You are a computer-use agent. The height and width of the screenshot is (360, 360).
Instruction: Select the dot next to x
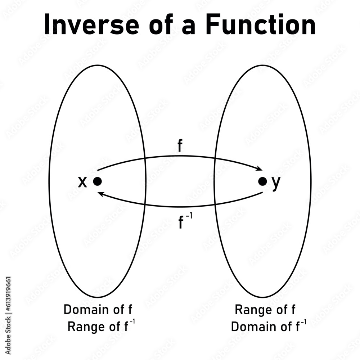(x=97, y=182)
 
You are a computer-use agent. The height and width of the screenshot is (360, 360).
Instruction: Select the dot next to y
(x=263, y=182)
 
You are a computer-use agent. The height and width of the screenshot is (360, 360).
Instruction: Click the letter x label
(x=83, y=183)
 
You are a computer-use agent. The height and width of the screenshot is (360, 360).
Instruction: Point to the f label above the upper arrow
(x=180, y=147)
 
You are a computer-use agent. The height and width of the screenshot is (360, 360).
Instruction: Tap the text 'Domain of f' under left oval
(x=100, y=309)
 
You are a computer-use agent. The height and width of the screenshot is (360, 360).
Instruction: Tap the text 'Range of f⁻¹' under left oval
(x=102, y=327)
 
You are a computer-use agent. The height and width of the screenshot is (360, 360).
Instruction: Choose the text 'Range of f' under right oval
(x=265, y=309)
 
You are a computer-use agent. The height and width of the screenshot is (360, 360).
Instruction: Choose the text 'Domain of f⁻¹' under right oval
(x=269, y=327)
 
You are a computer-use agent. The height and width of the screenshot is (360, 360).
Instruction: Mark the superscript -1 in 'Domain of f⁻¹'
(x=303, y=322)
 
